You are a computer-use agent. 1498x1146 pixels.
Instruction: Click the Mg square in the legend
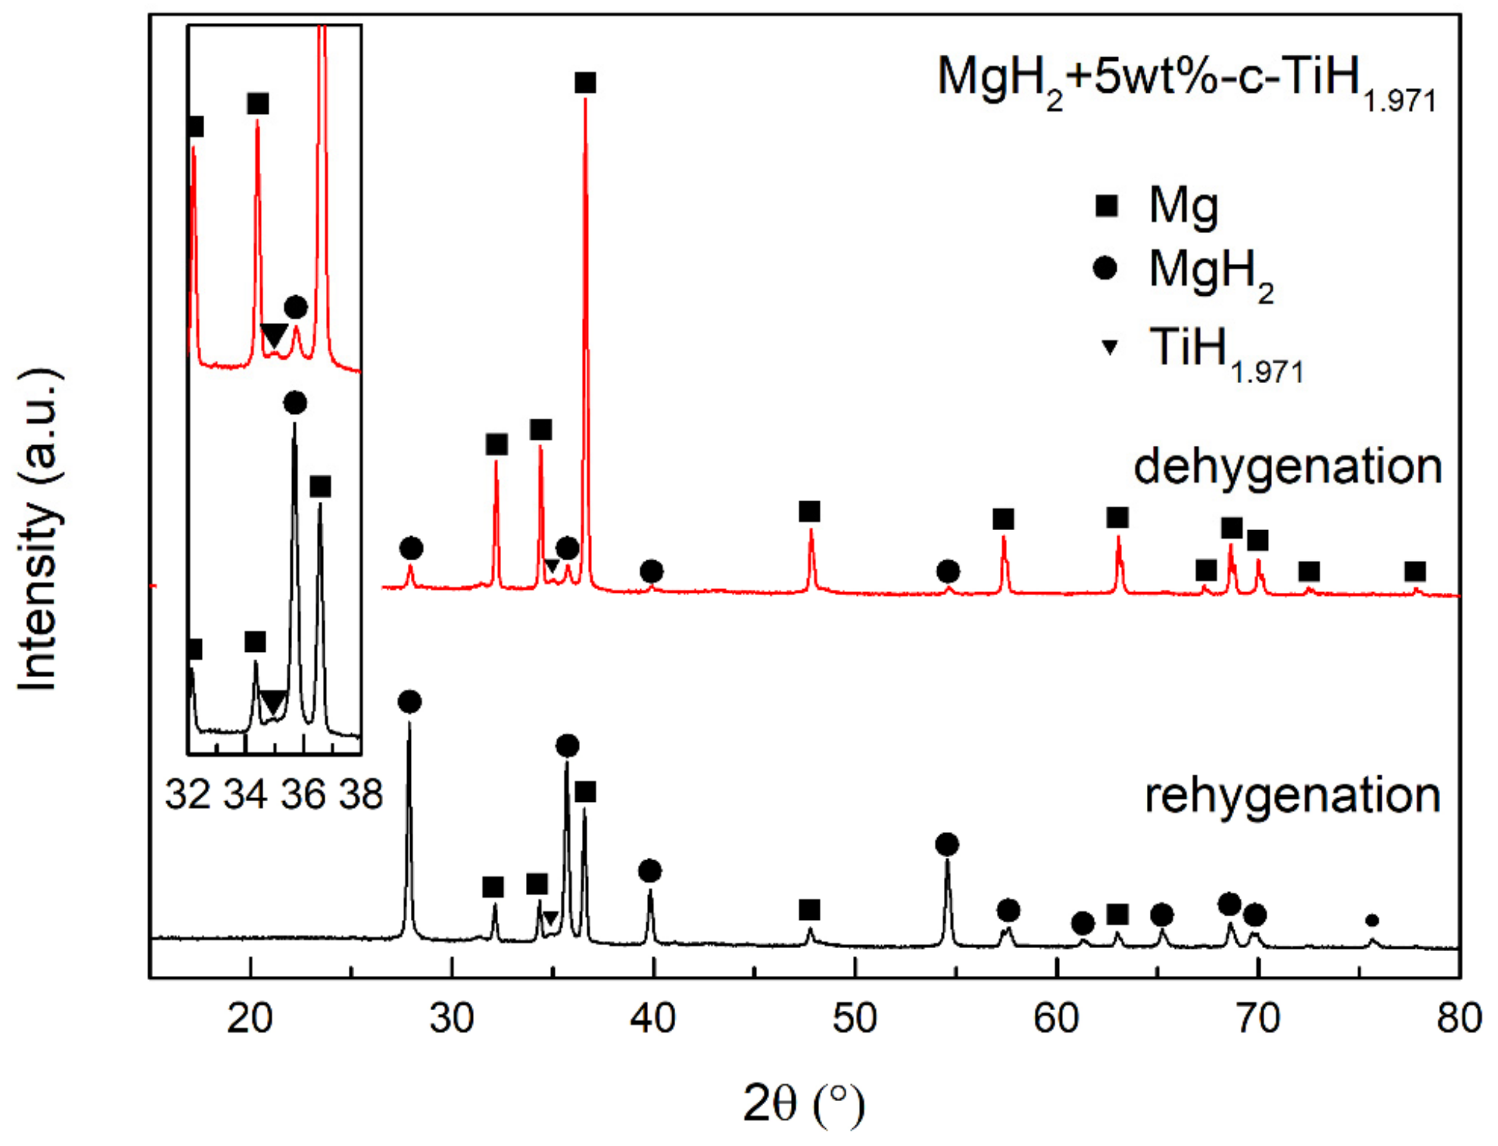(1105, 205)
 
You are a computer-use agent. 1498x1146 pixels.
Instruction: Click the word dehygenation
(1287, 468)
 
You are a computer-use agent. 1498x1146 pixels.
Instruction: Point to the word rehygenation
(1292, 796)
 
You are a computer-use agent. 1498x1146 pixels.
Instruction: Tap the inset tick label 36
(303, 795)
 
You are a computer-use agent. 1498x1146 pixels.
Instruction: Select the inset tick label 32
(188, 795)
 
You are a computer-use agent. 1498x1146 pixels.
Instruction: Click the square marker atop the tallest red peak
(585, 83)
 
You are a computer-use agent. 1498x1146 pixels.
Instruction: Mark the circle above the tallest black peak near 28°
(409, 701)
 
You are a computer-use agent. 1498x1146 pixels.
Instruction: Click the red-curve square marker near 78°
(1415, 572)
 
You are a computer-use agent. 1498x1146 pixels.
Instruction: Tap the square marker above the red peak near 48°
(809, 512)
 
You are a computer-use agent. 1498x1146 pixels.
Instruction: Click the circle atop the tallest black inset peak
(295, 403)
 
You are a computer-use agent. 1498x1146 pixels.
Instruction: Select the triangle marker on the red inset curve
(273, 335)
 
